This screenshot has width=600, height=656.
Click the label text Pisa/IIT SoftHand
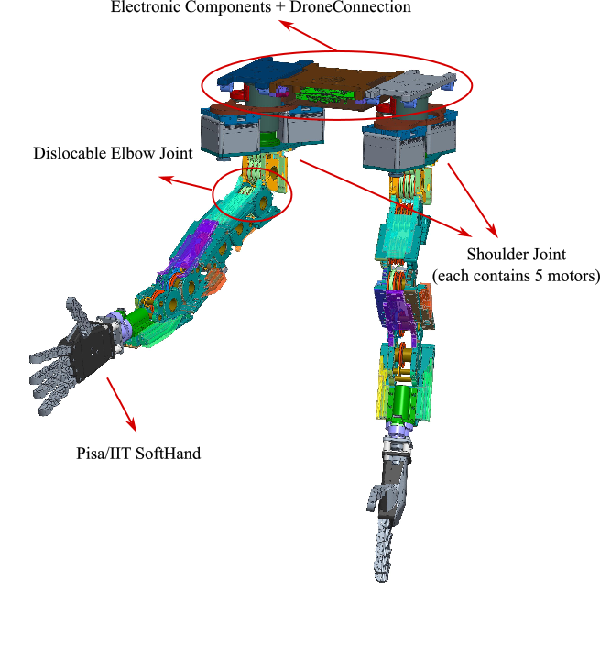(x=138, y=453)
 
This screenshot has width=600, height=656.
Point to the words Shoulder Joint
(x=516, y=254)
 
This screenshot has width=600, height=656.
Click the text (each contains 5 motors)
(x=516, y=275)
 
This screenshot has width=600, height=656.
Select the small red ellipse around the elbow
(x=252, y=191)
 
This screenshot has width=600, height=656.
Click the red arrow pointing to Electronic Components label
(x=307, y=36)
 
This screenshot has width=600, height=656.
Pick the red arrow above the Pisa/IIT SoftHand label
(x=121, y=403)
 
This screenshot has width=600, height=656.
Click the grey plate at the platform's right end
(x=417, y=85)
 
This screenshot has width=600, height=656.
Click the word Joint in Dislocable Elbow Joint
(x=176, y=153)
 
